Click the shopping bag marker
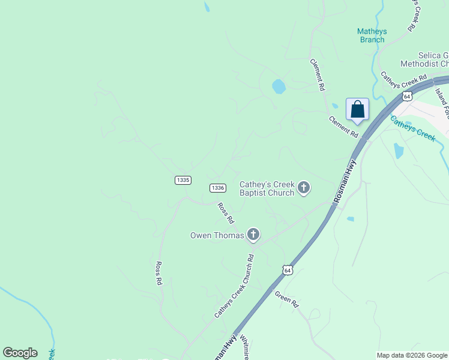(357, 110)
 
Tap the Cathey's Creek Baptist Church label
(267, 188)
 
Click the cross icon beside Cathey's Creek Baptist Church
(304, 188)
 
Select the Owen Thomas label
(217, 235)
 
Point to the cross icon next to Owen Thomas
(253, 235)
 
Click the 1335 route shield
(183, 180)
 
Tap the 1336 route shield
(218, 188)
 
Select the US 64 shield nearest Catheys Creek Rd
(408, 96)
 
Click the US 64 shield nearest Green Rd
(288, 271)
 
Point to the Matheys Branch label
(372, 35)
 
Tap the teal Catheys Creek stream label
(412, 128)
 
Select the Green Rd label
(286, 299)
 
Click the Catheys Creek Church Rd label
(234, 286)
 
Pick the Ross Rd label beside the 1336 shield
(224, 211)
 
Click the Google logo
(20, 353)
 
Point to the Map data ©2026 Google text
(412, 355)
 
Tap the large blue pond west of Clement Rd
(279, 86)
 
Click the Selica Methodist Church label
(425, 59)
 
